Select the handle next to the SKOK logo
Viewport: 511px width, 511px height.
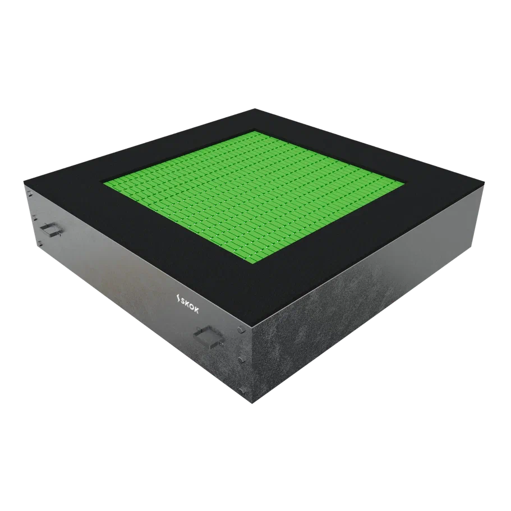tap(208, 337)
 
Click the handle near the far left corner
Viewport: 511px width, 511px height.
tap(51, 229)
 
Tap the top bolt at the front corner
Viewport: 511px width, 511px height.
tap(240, 330)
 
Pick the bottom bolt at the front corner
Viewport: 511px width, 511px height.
tap(241, 390)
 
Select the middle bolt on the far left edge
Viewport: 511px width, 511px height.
tap(34, 218)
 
